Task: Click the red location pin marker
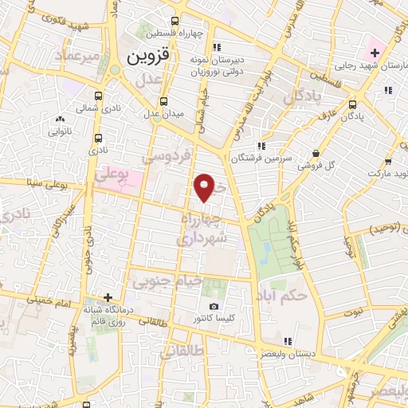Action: tap(205, 187)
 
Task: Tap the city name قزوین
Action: tap(149, 57)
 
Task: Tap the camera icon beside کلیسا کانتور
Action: tap(213, 307)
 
